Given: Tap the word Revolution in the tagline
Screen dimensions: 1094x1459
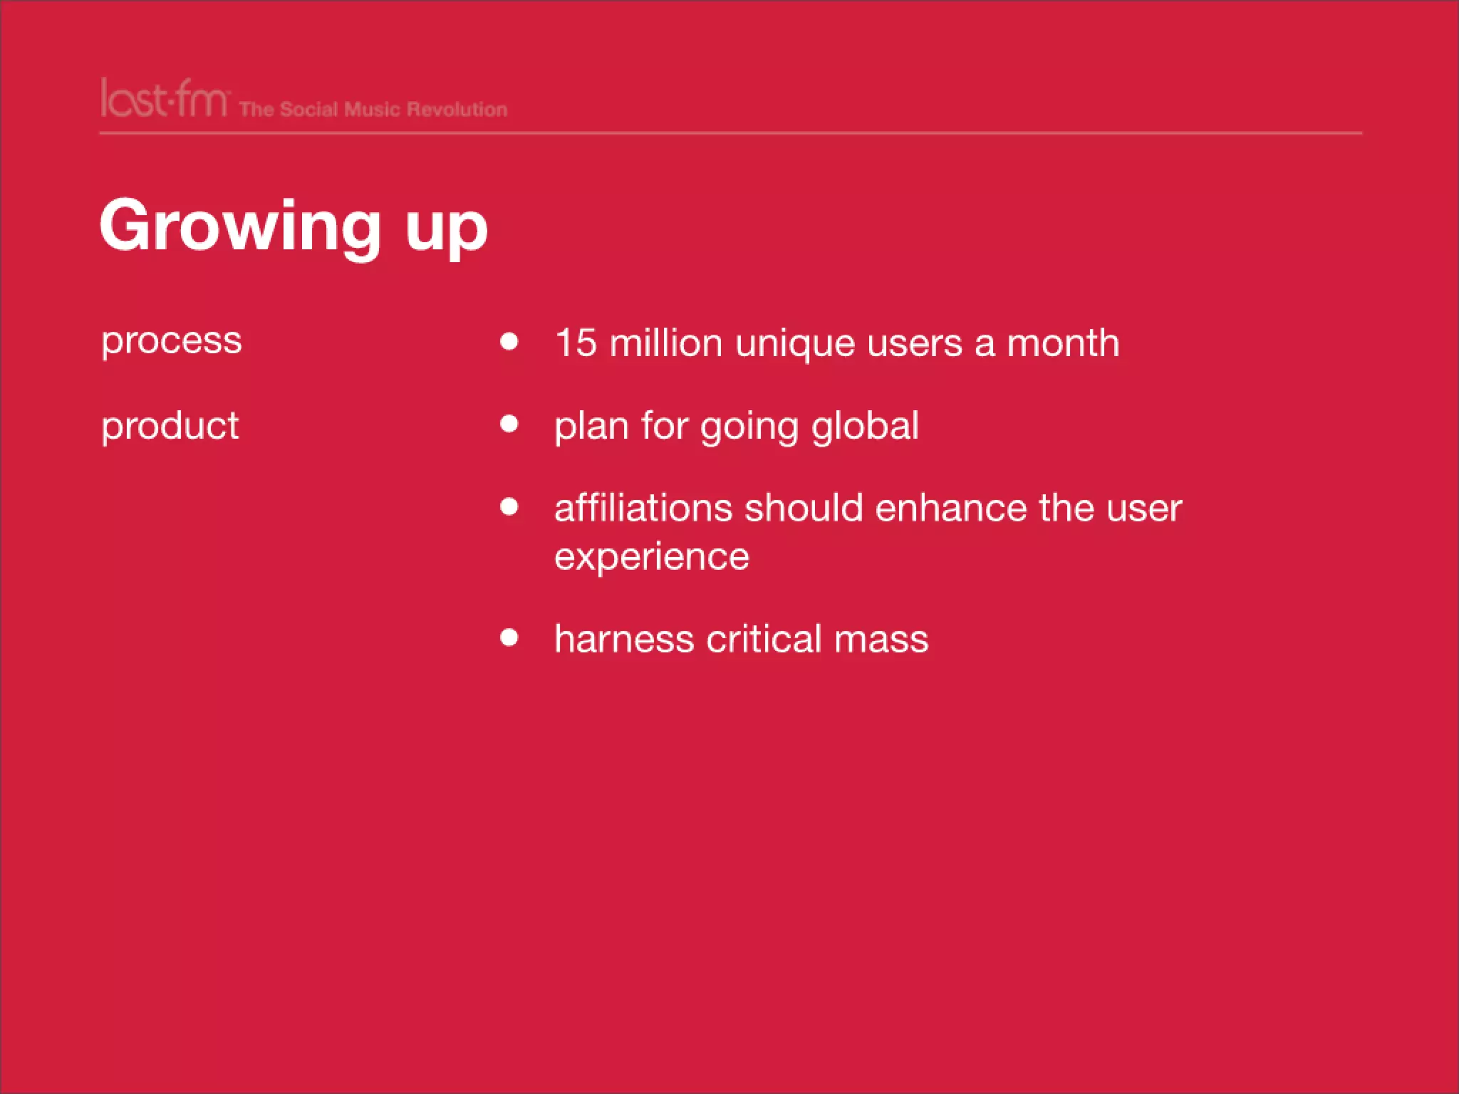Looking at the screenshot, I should (x=457, y=110).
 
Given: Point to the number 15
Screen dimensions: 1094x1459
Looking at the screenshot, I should (x=575, y=343).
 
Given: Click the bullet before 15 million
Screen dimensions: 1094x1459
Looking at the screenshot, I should (x=509, y=341).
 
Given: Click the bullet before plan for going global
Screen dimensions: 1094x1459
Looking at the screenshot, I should (x=509, y=424).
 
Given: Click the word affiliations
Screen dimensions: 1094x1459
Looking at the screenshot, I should (x=643, y=509).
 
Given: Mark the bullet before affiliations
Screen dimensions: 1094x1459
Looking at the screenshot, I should (x=509, y=506).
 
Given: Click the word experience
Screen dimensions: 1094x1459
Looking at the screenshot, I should (x=652, y=558).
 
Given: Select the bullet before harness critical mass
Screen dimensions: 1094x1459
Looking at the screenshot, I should (x=509, y=637).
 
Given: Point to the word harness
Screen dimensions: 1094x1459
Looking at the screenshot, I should (x=624, y=639).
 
